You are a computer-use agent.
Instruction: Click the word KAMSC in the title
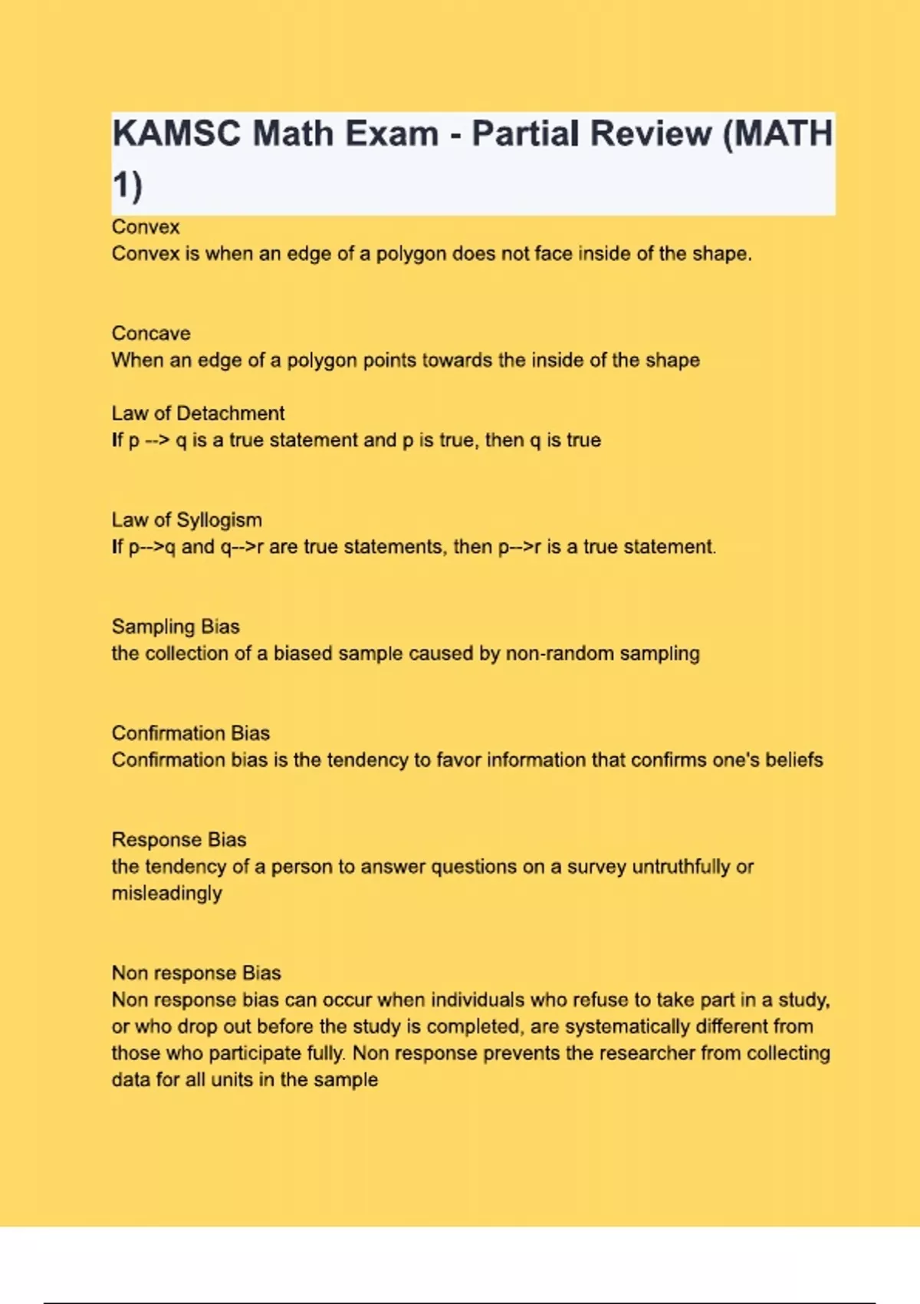(176, 134)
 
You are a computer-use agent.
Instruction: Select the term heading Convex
(146, 227)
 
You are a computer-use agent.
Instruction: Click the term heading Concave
(151, 334)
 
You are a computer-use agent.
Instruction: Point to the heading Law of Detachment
(198, 413)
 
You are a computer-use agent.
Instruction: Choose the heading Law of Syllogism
(186, 520)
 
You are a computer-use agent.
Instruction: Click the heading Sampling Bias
(176, 627)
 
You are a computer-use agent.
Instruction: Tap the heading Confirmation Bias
(190, 733)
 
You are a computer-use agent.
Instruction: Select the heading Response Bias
(179, 840)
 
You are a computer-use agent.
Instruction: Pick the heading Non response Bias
(196, 973)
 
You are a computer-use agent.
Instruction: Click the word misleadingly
(167, 894)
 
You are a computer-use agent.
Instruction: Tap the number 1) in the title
(127, 186)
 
